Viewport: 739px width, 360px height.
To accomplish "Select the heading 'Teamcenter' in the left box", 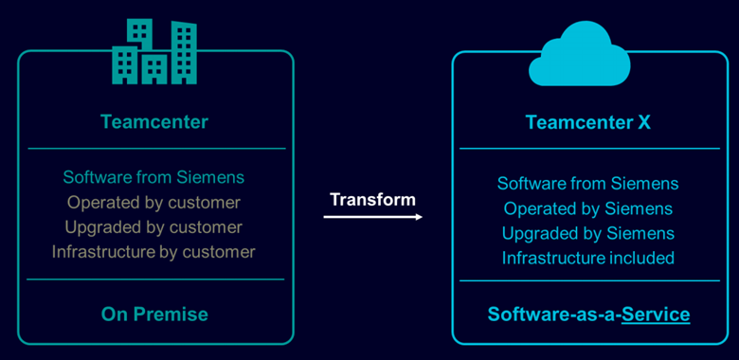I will tap(154, 121).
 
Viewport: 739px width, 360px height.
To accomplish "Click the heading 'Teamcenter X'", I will tap(587, 123).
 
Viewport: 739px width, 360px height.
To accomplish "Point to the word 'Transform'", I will tap(372, 199).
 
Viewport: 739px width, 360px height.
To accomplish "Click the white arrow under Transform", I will tap(372, 217).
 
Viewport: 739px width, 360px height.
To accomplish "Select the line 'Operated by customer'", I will tap(153, 202).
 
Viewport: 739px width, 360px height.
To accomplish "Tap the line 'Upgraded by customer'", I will tap(153, 227).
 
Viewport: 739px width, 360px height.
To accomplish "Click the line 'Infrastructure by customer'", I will tap(153, 252).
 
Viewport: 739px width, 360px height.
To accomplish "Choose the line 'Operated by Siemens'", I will tap(587, 208).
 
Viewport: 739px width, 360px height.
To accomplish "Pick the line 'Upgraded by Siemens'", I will tap(587, 233).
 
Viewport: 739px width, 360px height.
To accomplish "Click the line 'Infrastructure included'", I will tap(587, 258).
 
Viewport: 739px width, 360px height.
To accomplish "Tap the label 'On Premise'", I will tap(154, 314).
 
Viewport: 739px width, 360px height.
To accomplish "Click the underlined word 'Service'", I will tap(656, 314).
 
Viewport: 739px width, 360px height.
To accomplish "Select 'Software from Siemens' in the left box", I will tap(153, 177).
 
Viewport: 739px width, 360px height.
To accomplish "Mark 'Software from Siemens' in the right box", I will tap(587, 184).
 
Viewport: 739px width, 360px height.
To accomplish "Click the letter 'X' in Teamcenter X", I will tap(643, 123).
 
